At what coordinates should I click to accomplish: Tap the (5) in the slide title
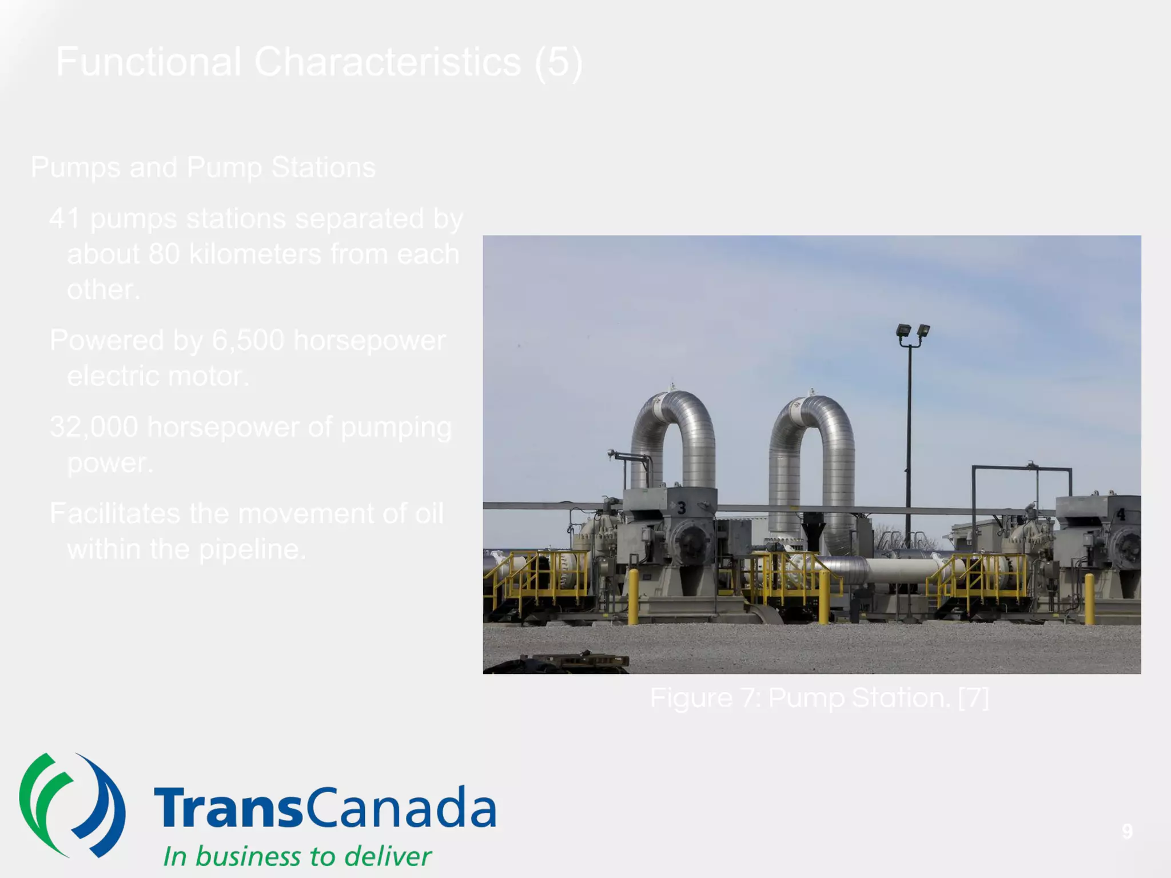[x=559, y=62]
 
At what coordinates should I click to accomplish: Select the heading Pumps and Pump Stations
[x=203, y=167]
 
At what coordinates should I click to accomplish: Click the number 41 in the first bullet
[x=64, y=218]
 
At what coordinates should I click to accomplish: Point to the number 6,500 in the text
[x=248, y=340]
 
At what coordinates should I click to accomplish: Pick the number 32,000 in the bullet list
[x=94, y=427]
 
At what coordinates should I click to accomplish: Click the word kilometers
[x=255, y=254]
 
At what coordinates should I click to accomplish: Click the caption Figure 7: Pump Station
[x=819, y=698]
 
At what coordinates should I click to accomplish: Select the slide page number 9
[x=1126, y=831]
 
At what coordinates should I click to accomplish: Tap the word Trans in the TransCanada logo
[x=227, y=807]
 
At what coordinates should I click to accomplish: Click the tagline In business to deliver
[x=297, y=856]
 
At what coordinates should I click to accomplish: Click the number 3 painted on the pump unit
[x=681, y=508]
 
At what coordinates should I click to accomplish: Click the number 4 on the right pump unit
[x=1121, y=514]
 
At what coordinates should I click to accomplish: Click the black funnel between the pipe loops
[x=812, y=529]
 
